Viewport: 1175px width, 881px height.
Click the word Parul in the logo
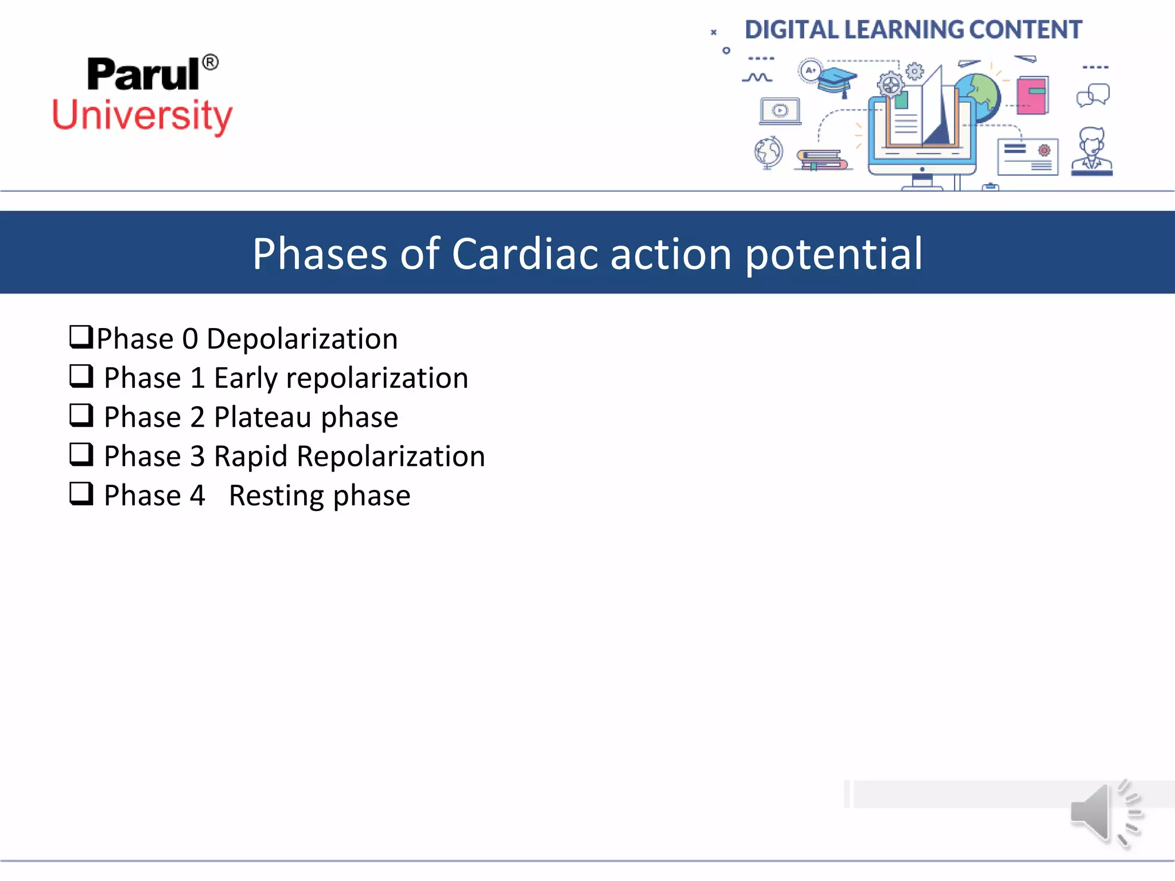tap(143, 75)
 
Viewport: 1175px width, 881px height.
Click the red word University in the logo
tap(142, 115)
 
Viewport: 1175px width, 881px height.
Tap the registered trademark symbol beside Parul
tap(211, 62)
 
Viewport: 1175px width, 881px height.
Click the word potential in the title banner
tap(834, 255)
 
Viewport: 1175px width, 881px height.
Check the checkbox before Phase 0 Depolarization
tap(81, 337)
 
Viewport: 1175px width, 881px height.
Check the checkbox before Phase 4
tap(81, 493)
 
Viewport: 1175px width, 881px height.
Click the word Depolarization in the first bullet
tap(302, 338)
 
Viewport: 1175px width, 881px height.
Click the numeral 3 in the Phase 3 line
tap(197, 457)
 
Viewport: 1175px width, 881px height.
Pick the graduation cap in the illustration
tap(836, 81)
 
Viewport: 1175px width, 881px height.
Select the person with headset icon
tap(1092, 151)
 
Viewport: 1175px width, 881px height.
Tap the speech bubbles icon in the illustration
tap(1093, 95)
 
